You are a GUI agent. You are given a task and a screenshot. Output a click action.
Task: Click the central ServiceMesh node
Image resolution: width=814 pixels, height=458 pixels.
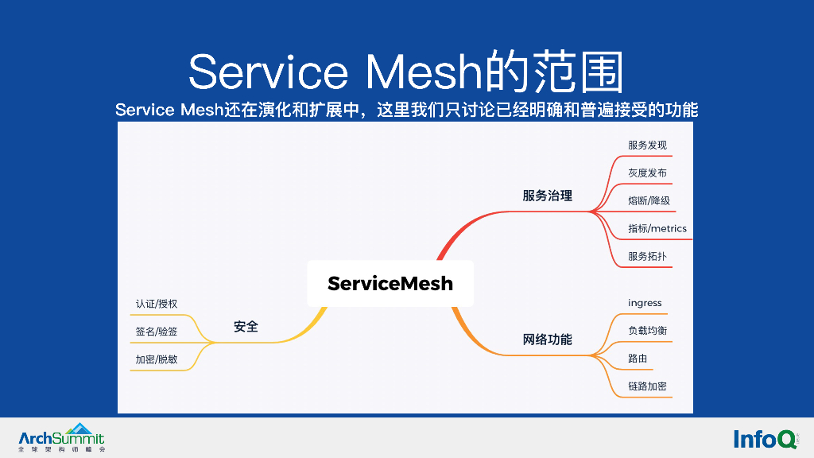pos(390,283)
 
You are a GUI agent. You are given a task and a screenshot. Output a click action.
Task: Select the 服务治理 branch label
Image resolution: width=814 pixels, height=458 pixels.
pos(547,196)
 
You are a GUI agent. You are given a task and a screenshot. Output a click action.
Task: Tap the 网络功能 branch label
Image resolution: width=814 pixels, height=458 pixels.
pos(547,340)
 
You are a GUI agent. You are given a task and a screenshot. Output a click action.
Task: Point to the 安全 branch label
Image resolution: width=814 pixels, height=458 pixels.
pos(246,327)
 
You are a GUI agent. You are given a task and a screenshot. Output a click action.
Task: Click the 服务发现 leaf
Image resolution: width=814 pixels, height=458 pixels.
pos(647,146)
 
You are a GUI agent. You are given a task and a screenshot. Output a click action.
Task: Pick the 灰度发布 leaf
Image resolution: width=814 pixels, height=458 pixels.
pos(647,173)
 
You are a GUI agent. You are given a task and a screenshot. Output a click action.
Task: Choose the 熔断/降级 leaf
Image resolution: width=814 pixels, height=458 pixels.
pos(649,201)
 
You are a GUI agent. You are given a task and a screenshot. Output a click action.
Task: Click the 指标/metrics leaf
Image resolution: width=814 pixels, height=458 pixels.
pos(657,229)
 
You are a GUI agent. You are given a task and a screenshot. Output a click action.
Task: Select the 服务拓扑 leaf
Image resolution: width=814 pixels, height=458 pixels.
pos(647,257)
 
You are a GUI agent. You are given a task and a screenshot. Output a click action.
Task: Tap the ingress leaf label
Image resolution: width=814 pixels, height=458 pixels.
pos(645,303)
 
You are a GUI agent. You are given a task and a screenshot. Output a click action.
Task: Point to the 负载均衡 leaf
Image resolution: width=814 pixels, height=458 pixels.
pos(647,331)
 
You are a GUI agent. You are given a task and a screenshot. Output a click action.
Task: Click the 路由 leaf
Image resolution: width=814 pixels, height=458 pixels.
pos(638,359)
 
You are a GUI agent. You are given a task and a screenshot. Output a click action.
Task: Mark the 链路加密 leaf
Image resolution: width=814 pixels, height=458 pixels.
pos(647,386)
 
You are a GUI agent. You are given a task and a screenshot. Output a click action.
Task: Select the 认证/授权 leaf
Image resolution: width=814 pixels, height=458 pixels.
pos(157,304)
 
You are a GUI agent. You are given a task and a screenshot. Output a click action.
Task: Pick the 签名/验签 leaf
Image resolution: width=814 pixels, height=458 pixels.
pos(157,332)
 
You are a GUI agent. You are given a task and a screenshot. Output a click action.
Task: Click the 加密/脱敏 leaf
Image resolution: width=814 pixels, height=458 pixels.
pos(157,359)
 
